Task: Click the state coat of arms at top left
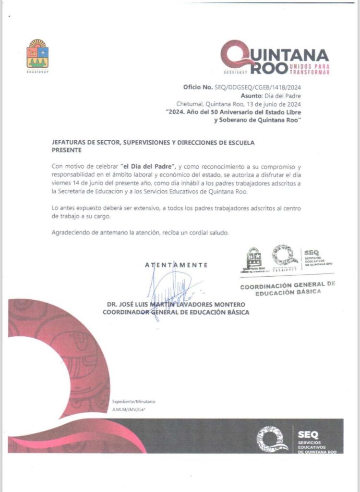tap(37, 54)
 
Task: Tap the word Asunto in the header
tap(264, 96)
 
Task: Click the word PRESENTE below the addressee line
tap(67, 150)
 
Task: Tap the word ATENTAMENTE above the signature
tap(177, 265)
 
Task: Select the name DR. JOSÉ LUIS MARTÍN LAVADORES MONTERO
tap(176, 305)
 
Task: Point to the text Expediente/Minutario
tap(134, 402)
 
